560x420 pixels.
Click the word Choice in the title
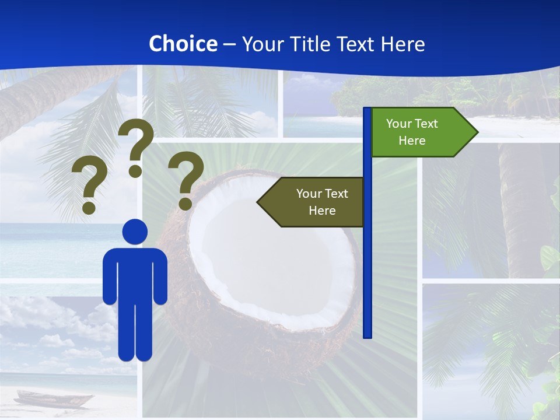(183, 44)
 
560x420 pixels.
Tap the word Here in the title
(402, 44)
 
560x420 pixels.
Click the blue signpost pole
(367, 262)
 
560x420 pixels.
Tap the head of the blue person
(135, 232)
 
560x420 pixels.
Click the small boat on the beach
(52, 400)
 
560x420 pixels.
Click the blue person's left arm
(109, 277)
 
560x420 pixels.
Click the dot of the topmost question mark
(135, 171)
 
